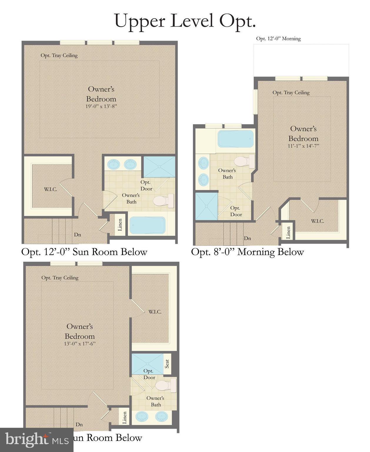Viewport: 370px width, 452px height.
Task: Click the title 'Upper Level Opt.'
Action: [x=185, y=21]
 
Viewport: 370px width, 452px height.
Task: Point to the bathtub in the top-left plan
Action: [x=147, y=225]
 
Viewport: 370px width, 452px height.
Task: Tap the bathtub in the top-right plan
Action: [x=235, y=139]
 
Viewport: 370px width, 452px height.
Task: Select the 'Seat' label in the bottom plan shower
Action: [x=167, y=364]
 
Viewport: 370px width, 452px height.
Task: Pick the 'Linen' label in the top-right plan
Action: [x=288, y=232]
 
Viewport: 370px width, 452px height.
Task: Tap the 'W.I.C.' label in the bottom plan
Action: [x=155, y=312]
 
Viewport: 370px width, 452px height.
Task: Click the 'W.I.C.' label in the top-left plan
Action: [x=51, y=189]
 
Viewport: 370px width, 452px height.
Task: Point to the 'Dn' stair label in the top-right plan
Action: [x=247, y=238]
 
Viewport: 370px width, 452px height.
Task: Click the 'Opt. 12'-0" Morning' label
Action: [x=278, y=39]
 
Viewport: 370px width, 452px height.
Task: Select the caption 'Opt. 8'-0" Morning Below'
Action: [x=247, y=252]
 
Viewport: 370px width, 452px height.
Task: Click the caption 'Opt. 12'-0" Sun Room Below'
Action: [x=84, y=252]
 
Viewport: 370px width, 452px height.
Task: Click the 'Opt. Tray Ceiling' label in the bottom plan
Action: [x=60, y=278]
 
